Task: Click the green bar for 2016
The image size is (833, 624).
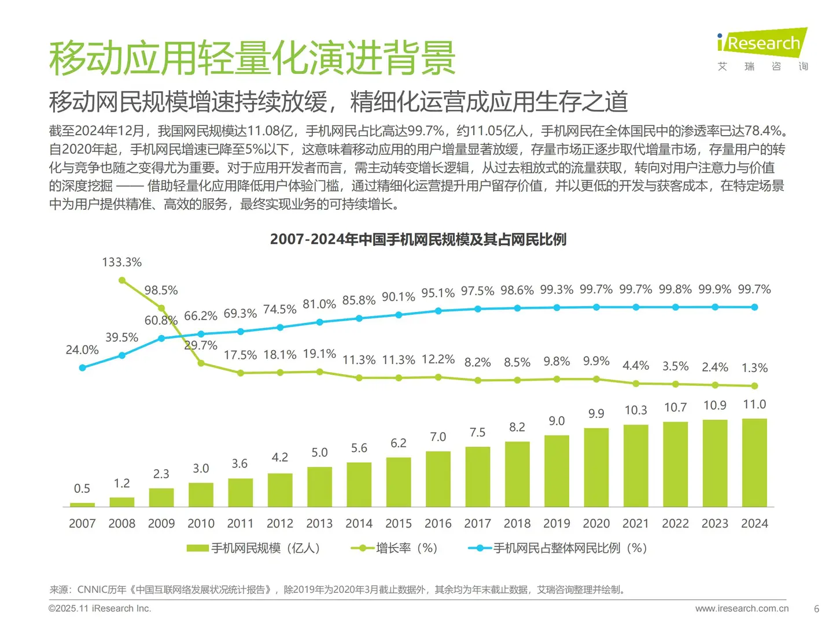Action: tap(438, 479)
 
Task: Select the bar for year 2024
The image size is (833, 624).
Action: tap(754, 462)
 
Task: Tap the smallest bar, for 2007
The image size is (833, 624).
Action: tap(82, 504)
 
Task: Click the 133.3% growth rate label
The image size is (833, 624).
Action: tap(121, 262)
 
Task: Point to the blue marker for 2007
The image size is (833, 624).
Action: tap(82, 367)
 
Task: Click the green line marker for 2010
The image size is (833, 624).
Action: tap(201, 363)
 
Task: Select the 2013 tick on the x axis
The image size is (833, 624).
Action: tap(319, 523)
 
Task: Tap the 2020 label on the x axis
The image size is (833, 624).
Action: tap(596, 523)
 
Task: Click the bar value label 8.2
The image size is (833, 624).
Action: tap(517, 427)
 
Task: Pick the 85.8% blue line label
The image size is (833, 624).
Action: tap(359, 300)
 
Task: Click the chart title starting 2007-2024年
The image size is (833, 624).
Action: tap(418, 239)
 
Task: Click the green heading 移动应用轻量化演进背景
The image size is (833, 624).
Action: tap(252, 58)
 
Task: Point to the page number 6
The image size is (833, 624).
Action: tap(816, 608)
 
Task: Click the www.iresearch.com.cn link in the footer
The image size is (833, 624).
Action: tap(742, 608)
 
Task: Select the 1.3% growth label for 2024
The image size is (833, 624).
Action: tap(754, 368)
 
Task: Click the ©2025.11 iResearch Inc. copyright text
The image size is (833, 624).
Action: tap(99, 608)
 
